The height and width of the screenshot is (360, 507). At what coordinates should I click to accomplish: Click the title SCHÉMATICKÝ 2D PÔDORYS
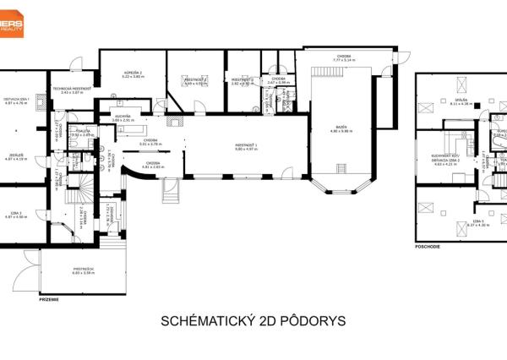click(x=253, y=322)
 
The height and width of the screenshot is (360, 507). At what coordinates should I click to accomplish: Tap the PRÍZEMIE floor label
click(x=49, y=298)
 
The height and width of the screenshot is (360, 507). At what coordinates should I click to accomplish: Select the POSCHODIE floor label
click(x=428, y=248)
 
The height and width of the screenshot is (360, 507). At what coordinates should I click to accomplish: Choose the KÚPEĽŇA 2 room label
click(x=133, y=73)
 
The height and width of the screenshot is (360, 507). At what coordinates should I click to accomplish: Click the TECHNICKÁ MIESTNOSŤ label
click(x=71, y=89)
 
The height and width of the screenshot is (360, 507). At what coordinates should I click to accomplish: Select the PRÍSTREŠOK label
click(x=81, y=269)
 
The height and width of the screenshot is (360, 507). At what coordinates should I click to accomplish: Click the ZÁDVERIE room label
click(x=17, y=155)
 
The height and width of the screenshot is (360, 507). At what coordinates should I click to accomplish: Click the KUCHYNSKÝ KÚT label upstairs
click(x=444, y=156)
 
